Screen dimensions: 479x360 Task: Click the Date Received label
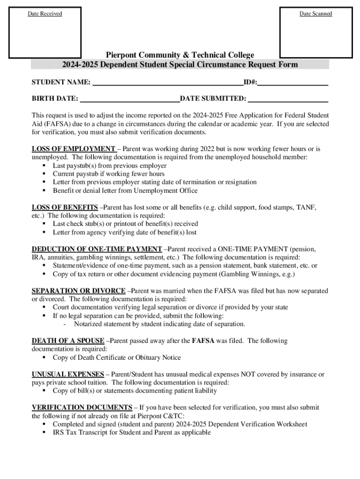[x=45, y=14]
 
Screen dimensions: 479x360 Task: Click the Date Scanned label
[x=316, y=14]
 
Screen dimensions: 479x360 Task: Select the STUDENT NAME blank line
[x=167, y=83]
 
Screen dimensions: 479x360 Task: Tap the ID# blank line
[x=293, y=83]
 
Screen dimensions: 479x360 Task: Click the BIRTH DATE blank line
[x=130, y=99]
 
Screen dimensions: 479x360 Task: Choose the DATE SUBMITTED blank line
[x=288, y=99]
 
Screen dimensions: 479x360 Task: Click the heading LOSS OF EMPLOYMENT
[x=73, y=149]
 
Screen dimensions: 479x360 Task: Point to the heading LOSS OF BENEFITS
[x=65, y=207]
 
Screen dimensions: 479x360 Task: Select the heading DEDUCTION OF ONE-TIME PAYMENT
[x=97, y=249]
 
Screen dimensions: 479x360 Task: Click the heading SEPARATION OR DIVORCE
[x=79, y=291]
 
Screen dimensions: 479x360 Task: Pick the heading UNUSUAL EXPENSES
[x=68, y=374]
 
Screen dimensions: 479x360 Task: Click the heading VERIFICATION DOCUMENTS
[x=82, y=407]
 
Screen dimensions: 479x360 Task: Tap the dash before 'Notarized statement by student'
[x=65, y=324]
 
